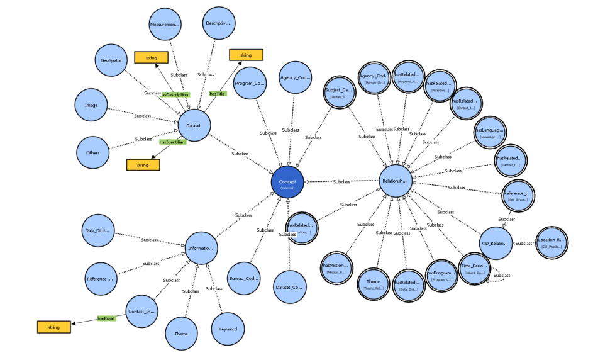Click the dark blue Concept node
(x=287, y=183)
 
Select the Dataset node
(x=194, y=125)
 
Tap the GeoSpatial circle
(x=111, y=61)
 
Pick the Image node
(x=93, y=104)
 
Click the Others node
(x=93, y=152)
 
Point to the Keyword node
(x=228, y=329)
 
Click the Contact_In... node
(x=142, y=311)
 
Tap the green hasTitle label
(x=217, y=94)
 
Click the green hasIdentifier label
(x=172, y=143)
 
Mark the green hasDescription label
(x=175, y=94)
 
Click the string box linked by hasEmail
(x=53, y=327)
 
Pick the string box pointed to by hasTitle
(x=246, y=55)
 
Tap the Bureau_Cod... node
(x=244, y=279)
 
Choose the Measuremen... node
(x=165, y=25)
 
